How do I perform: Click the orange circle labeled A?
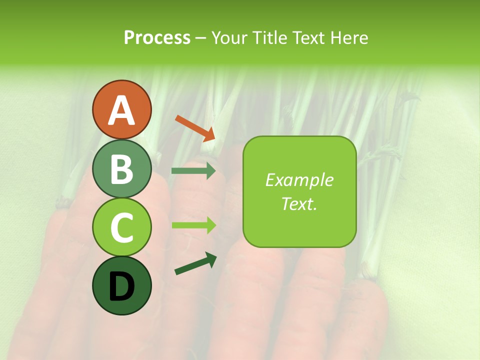(121, 109)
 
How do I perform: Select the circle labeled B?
(121, 168)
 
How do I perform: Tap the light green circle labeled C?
(121, 227)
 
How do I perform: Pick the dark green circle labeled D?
(121, 285)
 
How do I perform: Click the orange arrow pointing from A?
(195, 128)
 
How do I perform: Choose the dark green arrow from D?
(195, 264)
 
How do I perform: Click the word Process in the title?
(157, 37)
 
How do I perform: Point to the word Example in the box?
(299, 180)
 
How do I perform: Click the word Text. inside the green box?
(299, 203)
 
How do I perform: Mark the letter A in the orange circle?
(121, 110)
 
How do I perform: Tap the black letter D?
(121, 286)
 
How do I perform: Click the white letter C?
(121, 227)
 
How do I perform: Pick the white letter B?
(121, 169)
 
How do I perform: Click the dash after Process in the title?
(201, 38)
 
